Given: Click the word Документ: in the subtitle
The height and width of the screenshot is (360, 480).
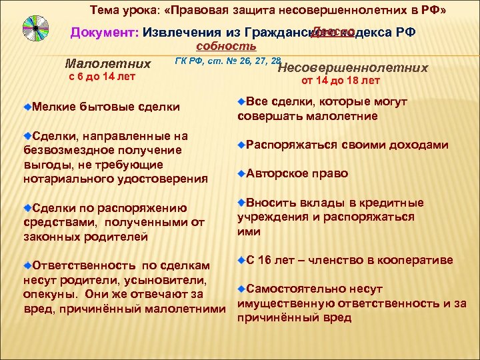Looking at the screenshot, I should pyautogui.click(x=105, y=33).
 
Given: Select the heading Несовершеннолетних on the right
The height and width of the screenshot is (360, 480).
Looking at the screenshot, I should pyautogui.click(x=352, y=67).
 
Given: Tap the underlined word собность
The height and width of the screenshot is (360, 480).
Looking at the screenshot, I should pyautogui.click(x=226, y=46).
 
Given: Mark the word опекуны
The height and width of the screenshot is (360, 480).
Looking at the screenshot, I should pyautogui.click(x=44, y=294).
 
